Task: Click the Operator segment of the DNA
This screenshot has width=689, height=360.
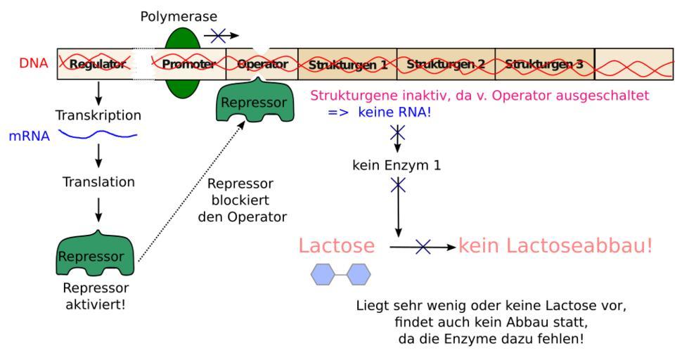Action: coord(262,64)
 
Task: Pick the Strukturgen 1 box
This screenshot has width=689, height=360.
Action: coord(347,64)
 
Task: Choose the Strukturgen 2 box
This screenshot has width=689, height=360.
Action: coord(446,64)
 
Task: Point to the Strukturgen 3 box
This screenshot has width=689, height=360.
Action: coord(544,64)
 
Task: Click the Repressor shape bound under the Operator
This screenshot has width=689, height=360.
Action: coord(254,101)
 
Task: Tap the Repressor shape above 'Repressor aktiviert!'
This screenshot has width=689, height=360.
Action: coord(96,257)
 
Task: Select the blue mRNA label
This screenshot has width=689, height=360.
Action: coord(30,136)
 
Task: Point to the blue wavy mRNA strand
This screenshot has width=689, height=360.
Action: coord(97,134)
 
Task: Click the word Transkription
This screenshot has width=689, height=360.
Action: coord(98,115)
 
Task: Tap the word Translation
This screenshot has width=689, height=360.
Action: coord(98,181)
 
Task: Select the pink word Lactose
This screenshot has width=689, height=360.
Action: coord(336,246)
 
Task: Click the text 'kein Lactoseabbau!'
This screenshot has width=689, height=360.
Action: coord(555,246)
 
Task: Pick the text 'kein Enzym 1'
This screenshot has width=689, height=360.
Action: coord(399,166)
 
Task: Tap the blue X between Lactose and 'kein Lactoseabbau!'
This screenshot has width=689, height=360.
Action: coord(423,247)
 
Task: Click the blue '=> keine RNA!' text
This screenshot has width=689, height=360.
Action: coord(380,111)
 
